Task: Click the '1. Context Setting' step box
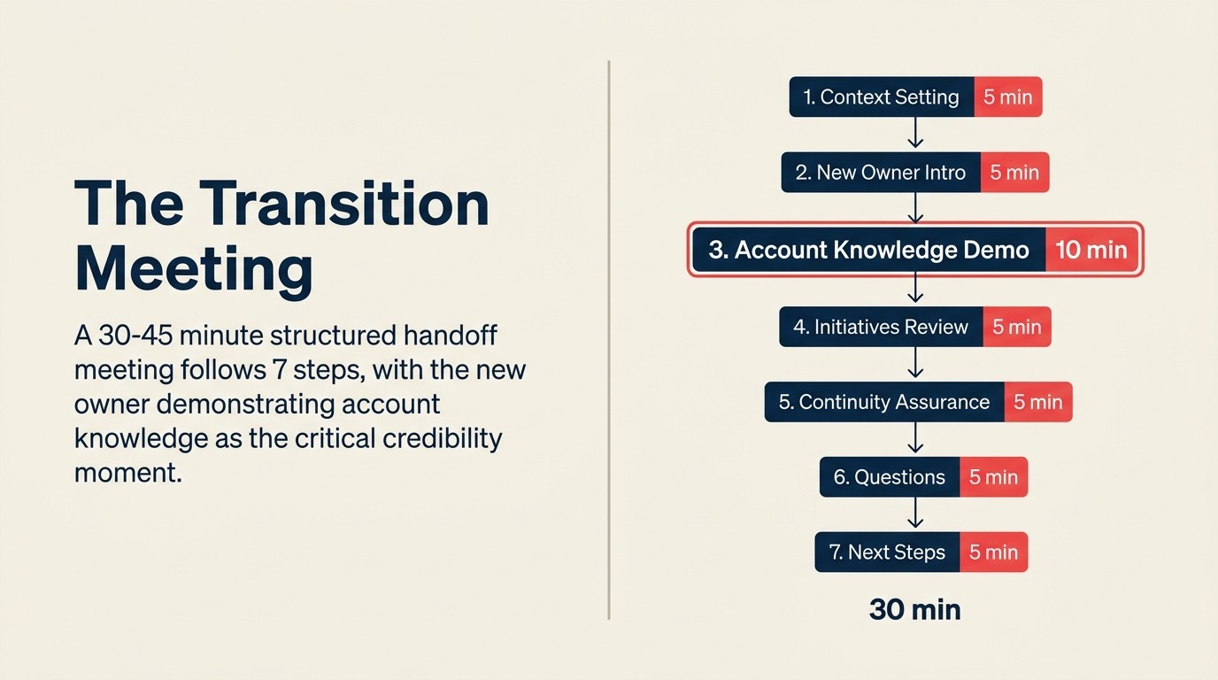click(882, 97)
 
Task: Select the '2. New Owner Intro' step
click(881, 172)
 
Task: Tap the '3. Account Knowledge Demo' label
click(868, 250)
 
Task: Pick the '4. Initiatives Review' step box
click(881, 327)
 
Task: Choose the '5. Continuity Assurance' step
click(884, 402)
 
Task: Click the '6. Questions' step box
click(889, 477)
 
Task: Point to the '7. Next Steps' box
click(887, 552)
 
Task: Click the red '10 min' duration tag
click(1091, 250)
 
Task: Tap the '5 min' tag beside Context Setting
click(1008, 97)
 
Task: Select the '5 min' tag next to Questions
click(993, 477)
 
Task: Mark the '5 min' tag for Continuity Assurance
click(1037, 402)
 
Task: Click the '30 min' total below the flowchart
click(914, 609)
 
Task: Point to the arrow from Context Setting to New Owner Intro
click(915, 134)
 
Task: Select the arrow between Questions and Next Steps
click(915, 514)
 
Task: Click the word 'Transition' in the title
click(344, 204)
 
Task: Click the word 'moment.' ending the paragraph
click(127, 471)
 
